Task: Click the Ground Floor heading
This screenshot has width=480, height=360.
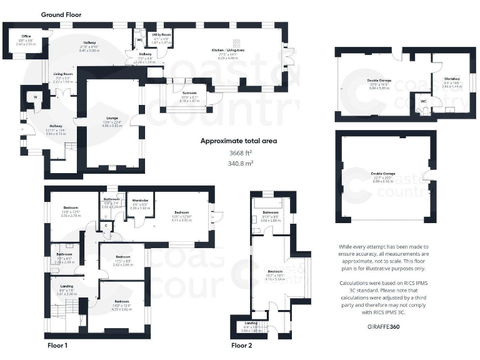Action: coord(61,14)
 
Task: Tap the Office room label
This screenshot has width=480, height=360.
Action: coord(26,36)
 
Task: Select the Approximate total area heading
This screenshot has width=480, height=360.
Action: coord(238,141)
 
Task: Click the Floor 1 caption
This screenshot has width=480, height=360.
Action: coord(57,344)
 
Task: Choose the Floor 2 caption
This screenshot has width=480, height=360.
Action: coord(242,344)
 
